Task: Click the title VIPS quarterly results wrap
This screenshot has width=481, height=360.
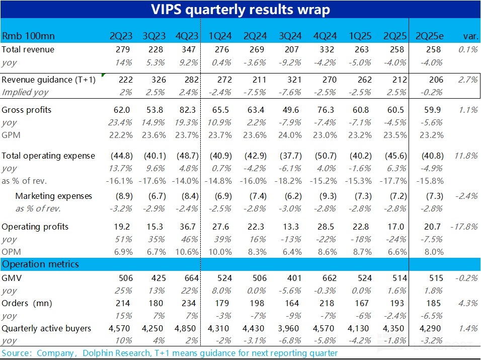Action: tap(240, 10)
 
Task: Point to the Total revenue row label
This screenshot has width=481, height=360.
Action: tap(28, 49)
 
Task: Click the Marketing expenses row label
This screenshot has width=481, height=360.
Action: tap(54, 196)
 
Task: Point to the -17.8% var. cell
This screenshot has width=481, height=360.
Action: tap(464, 227)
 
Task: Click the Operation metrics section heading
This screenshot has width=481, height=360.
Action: tap(40, 264)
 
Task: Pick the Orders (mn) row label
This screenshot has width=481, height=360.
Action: tap(27, 303)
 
